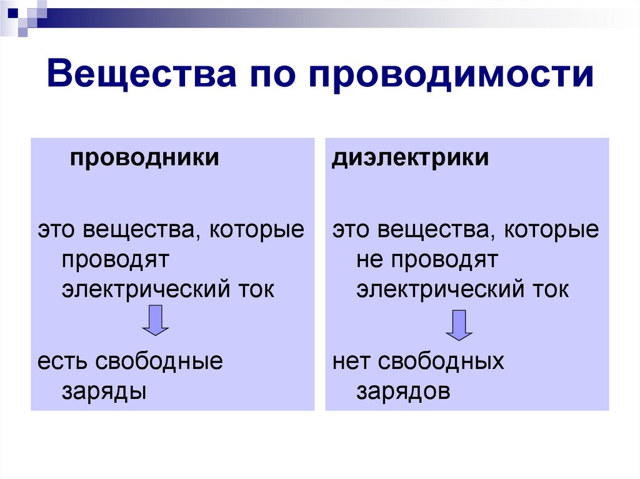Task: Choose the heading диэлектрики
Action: [x=411, y=157]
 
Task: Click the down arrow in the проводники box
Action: [x=156, y=320]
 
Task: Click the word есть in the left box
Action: [x=58, y=361]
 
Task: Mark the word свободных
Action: [x=441, y=361]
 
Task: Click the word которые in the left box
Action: [x=257, y=230]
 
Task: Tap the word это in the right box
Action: [x=351, y=230]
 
